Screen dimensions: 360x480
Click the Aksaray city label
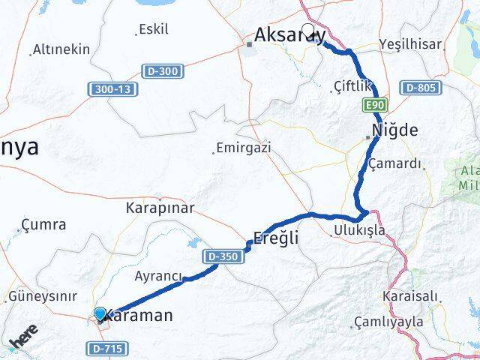coord(289,34)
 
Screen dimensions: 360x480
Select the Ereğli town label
coord(277,238)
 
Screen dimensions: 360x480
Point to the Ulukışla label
coord(360,230)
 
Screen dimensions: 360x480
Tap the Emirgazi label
coord(243,147)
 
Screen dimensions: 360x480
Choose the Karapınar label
coord(160,207)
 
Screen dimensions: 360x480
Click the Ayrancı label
coord(158,275)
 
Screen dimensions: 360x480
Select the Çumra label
coord(43,224)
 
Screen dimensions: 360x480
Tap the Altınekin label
coord(61,49)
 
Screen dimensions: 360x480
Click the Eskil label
coord(153,29)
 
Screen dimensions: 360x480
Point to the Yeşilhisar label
coord(410,44)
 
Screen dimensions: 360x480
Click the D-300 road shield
coord(161,71)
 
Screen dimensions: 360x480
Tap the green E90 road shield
coord(376,104)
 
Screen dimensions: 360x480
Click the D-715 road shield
coord(106,349)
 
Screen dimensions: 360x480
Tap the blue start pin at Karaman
coord(100,313)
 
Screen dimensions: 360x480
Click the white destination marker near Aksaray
coord(307,31)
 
